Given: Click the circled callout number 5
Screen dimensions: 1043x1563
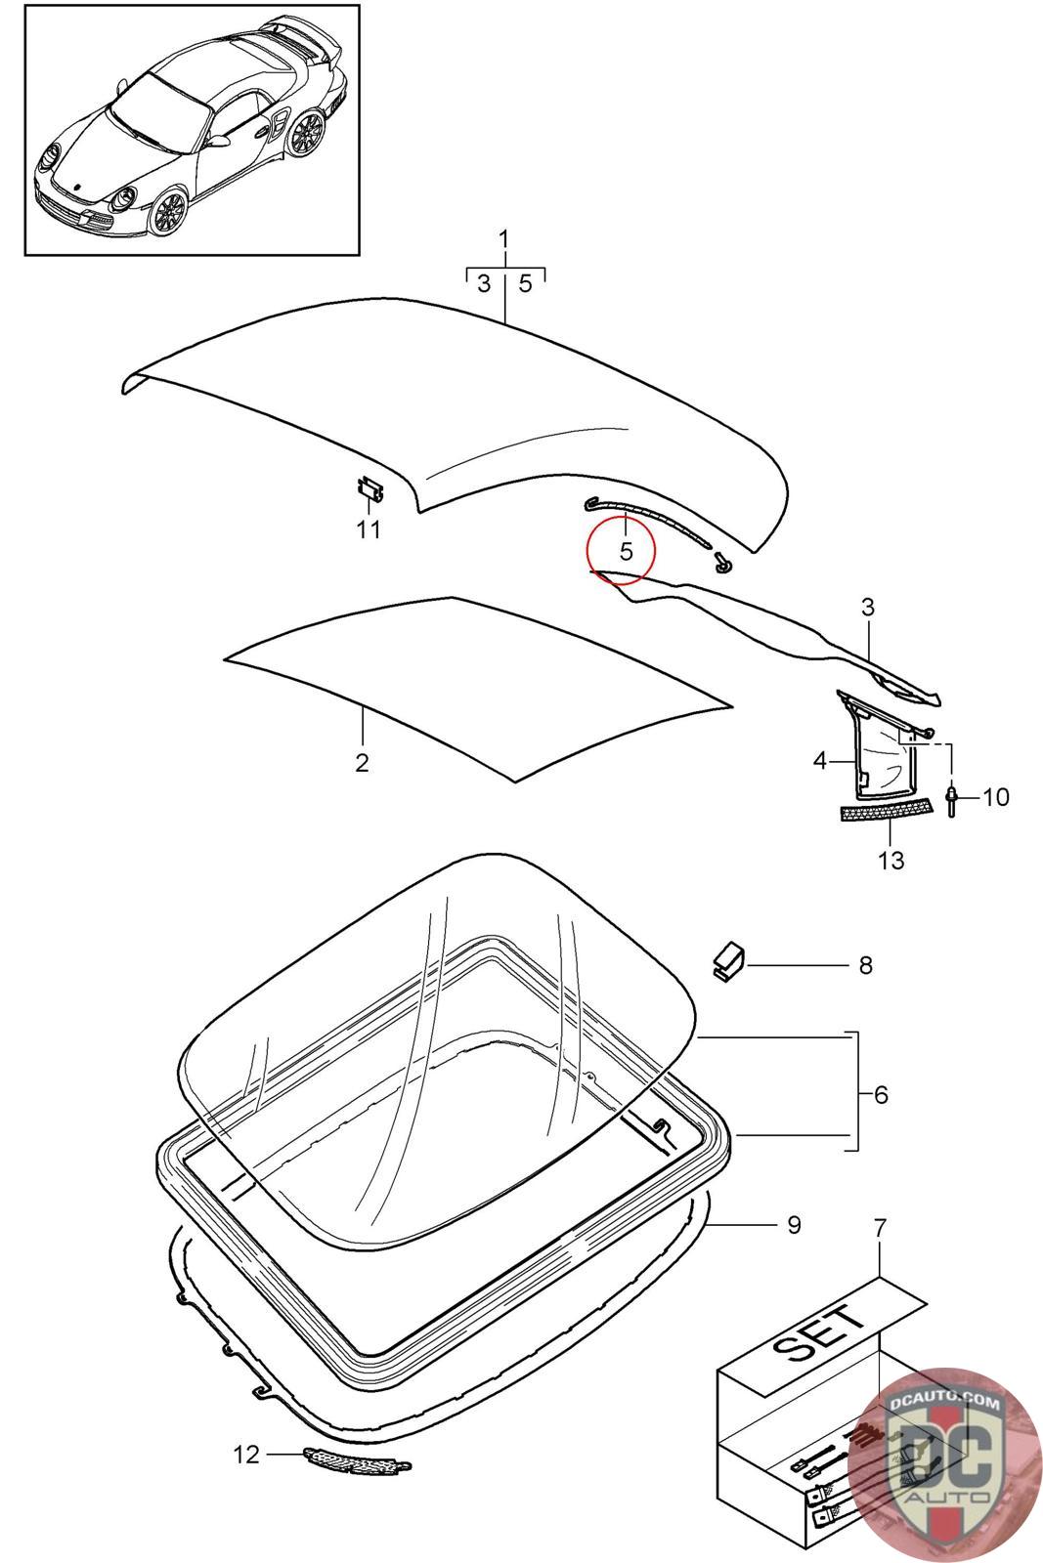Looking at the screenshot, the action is point(626,551).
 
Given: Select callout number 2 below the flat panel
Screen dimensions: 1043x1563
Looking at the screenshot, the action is point(362,763).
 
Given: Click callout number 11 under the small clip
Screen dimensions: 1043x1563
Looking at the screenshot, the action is point(368,530).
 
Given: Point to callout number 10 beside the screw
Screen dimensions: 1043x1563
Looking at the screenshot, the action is point(995,797).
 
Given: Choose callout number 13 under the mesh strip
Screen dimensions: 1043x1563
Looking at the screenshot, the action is point(891,861).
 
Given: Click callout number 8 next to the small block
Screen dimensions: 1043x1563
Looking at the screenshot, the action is point(865,965).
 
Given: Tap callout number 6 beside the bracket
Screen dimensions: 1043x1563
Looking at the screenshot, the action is point(881,1095).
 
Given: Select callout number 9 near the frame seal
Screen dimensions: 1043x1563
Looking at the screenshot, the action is point(794,1224).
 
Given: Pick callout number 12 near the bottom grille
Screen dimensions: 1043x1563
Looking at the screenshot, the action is point(246,1455).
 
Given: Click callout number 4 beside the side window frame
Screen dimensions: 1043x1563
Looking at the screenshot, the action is point(820,760).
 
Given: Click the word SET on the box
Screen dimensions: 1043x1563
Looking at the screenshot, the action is point(818,1333).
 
